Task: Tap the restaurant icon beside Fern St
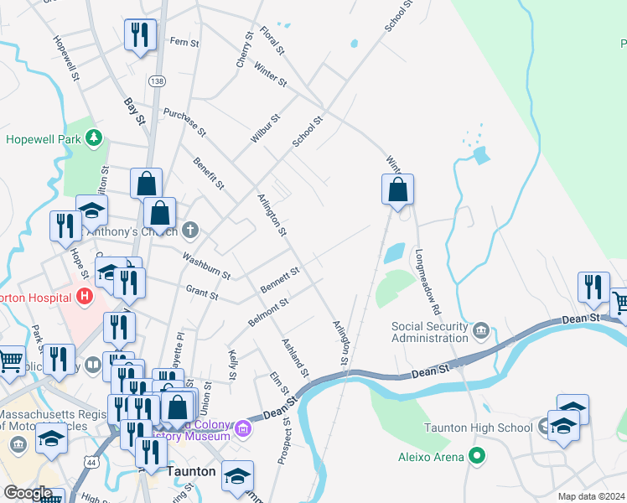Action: [139, 35]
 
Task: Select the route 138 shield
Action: [156, 80]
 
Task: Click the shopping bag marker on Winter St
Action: [397, 190]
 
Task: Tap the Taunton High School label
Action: [478, 428]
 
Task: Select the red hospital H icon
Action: [83, 296]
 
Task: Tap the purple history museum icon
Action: [243, 429]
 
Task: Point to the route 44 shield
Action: [91, 460]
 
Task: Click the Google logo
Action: [28, 493]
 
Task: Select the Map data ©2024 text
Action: [590, 496]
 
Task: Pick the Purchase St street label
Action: [184, 122]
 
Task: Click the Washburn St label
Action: [206, 267]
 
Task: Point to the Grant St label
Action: [201, 294]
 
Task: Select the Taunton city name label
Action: [194, 471]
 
